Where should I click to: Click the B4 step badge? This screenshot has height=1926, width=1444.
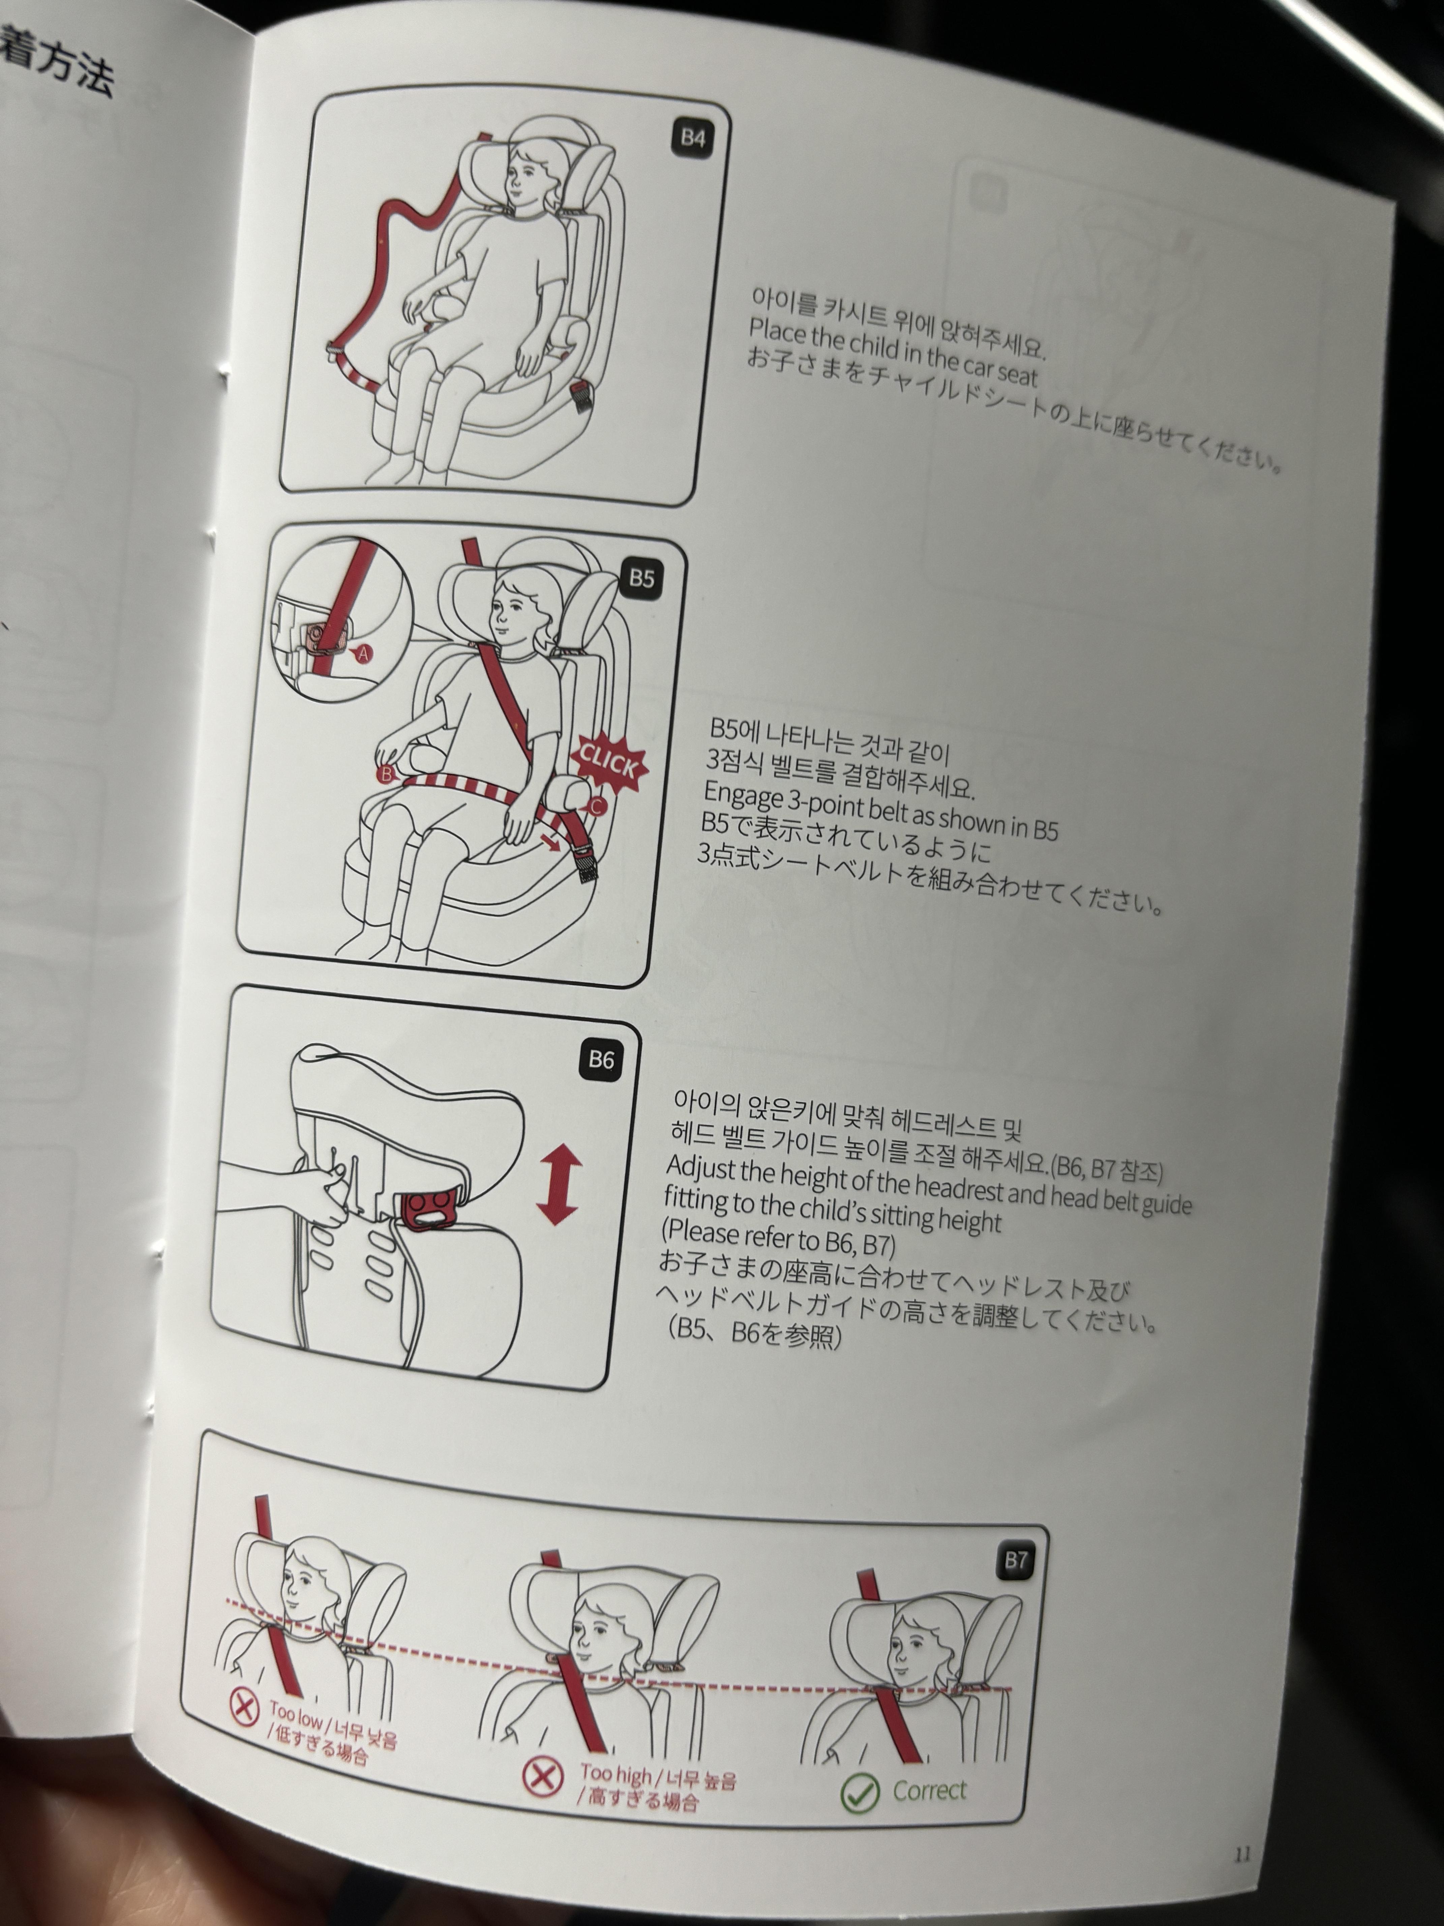coord(693,138)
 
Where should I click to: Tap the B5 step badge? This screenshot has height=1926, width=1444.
coord(641,578)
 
